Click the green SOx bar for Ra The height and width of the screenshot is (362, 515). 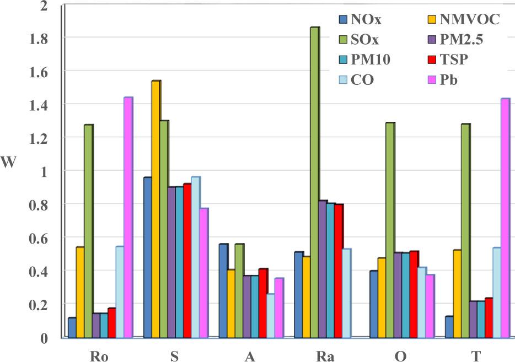(x=315, y=182)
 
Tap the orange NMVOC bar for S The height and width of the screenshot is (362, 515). (x=155, y=209)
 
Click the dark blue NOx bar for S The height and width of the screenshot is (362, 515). (x=147, y=257)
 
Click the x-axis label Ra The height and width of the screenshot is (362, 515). (x=325, y=355)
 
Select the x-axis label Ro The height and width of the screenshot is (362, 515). (x=99, y=355)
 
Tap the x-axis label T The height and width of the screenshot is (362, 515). (x=476, y=355)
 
